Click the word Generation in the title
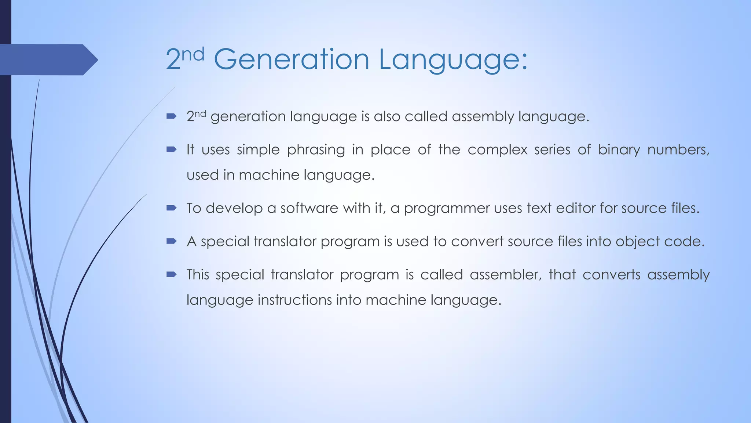(x=291, y=59)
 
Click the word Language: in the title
(x=453, y=60)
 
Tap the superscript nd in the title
(x=193, y=54)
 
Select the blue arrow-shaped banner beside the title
(x=48, y=59)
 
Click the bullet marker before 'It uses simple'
(x=171, y=149)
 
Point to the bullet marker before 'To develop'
(x=171, y=208)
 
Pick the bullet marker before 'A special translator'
(x=171, y=241)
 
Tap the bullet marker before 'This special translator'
(x=171, y=274)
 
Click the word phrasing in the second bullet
(x=316, y=150)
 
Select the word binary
(x=619, y=150)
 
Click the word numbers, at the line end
(x=678, y=150)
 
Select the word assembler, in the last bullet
(x=506, y=275)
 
